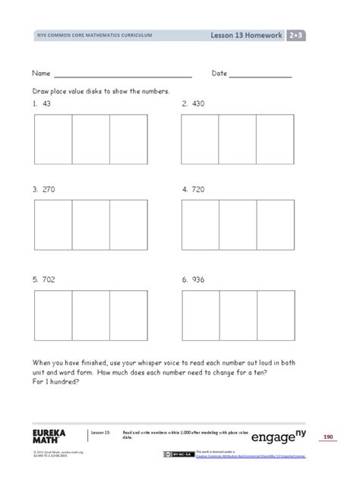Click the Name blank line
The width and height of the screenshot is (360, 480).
click(122, 76)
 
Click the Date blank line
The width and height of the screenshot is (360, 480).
click(260, 76)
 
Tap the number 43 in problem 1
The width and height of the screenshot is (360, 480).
click(47, 103)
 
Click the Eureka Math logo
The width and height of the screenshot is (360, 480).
click(49, 435)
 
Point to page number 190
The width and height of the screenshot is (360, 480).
click(329, 436)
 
